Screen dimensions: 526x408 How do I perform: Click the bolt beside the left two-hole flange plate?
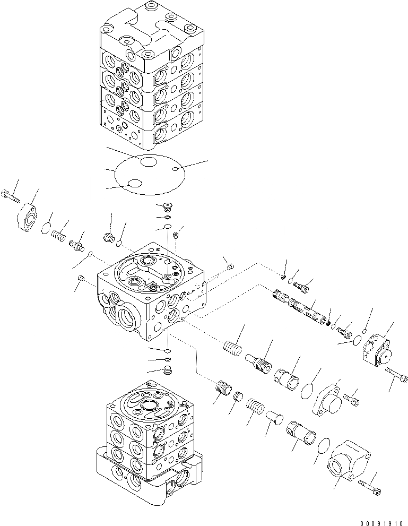pos(11,195)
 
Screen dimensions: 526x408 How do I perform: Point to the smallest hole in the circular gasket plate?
pos(176,169)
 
